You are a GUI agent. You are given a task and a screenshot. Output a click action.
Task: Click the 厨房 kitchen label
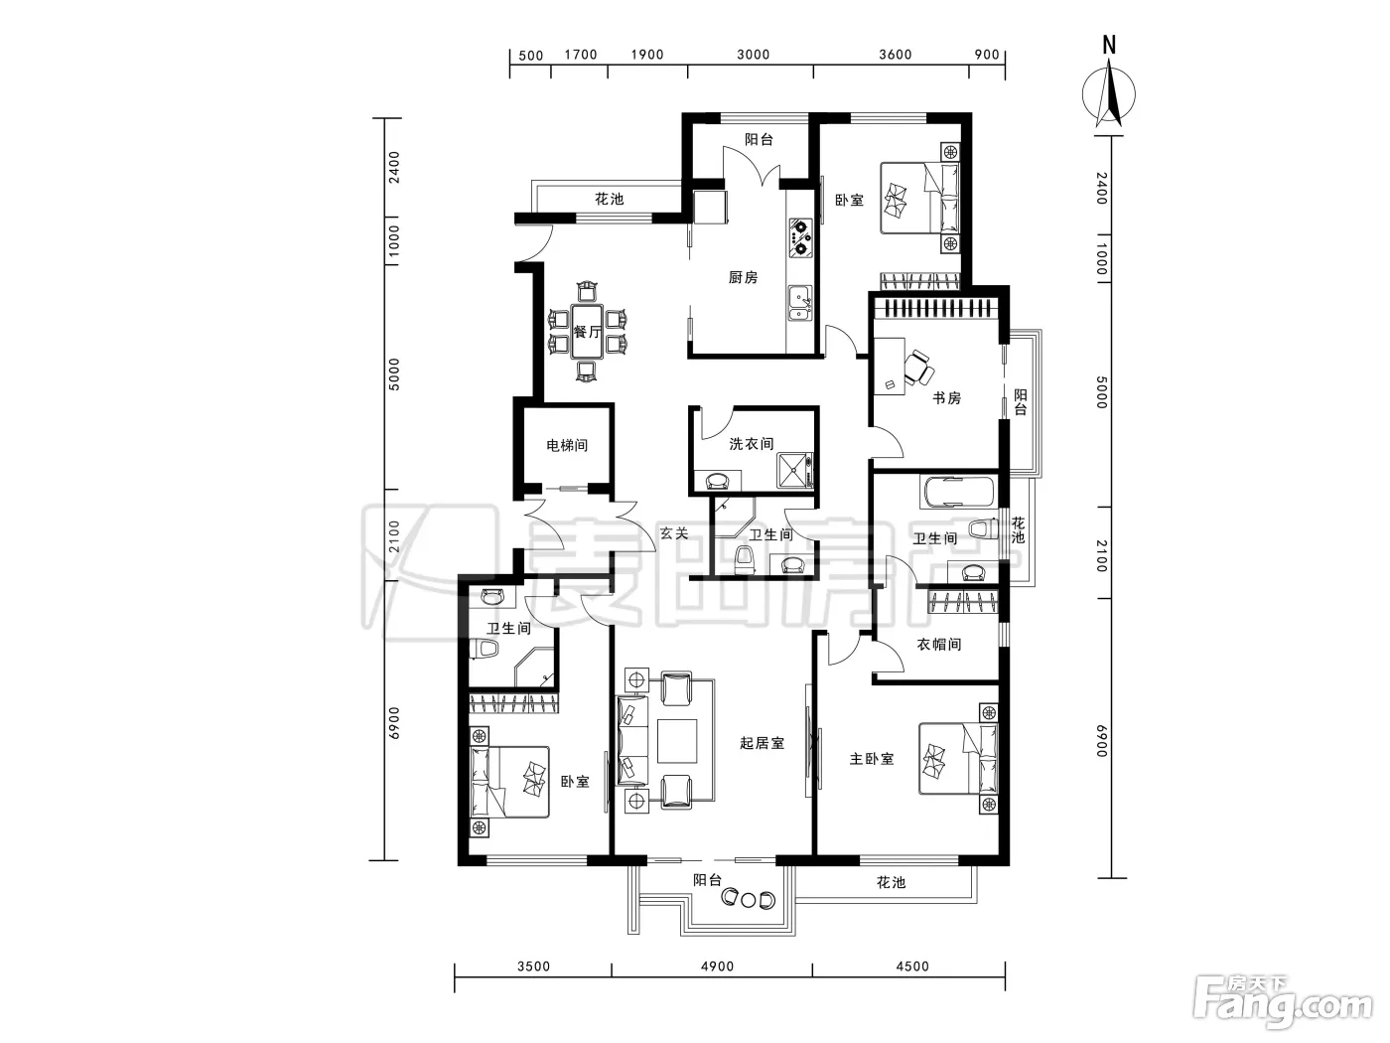pyautogui.click(x=743, y=277)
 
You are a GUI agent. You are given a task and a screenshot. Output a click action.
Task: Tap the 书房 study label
pyautogui.click(x=947, y=397)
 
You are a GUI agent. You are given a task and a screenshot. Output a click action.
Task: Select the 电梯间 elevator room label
pyautogui.click(x=567, y=445)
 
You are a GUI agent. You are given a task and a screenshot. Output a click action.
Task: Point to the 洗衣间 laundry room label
pyautogui.click(x=751, y=444)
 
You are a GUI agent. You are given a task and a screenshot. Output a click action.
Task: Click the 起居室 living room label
pyautogui.click(x=762, y=743)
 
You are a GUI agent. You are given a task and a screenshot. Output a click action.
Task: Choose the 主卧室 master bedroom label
pyautogui.click(x=872, y=759)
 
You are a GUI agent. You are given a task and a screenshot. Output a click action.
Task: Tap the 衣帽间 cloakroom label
pyautogui.click(x=939, y=645)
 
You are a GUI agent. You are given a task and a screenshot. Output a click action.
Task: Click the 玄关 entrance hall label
pyautogui.click(x=674, y=533)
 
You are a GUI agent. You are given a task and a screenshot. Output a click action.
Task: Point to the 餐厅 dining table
pyautogui.click(x=587, y=331)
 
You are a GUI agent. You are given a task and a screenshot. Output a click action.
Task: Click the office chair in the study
pyautogui.click(x=917, y=367)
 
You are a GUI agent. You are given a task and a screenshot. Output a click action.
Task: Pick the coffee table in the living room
pyautogui.click(x=677, y=741)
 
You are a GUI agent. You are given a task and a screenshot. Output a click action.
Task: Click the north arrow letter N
pyautogui.click(x=1109, y=46)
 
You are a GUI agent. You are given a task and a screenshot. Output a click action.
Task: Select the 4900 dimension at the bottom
pyautogui.click(x=717, y=967)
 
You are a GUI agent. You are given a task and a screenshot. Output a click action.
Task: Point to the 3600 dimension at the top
pyautogui.click(x=895, y=55)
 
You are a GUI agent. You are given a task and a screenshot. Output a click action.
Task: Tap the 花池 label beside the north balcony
pyautogui.click(x=610, y=199)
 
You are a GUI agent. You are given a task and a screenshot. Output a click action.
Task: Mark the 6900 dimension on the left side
pyautogui.click(x=394, y=723)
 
